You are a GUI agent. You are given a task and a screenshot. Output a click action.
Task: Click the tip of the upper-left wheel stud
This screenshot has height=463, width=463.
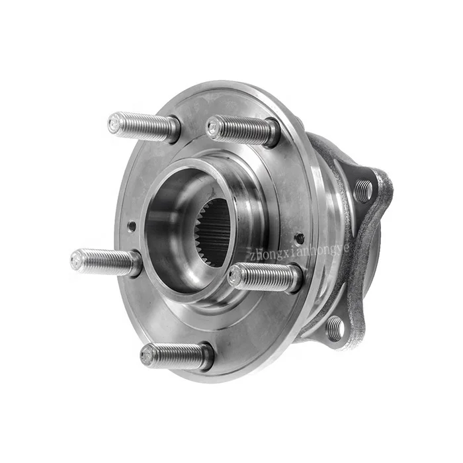(116, 123)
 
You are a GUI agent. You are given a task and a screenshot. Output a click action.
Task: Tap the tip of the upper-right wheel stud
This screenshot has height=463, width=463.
(214, 128)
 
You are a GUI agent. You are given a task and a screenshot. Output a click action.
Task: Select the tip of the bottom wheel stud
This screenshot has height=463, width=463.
(148, 355)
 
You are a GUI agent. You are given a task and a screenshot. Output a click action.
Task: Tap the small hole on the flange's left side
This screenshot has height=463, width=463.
(132, 226)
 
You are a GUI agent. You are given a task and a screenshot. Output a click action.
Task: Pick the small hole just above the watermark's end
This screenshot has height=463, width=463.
(299, 237)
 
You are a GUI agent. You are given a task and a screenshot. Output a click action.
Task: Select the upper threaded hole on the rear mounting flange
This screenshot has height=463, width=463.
(363, 191)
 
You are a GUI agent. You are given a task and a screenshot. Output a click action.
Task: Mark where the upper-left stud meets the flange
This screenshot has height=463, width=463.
(173, 129)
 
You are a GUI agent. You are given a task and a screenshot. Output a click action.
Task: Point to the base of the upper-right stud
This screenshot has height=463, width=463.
(272, 133)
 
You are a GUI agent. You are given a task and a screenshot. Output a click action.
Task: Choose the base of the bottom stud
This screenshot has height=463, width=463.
(206, 358)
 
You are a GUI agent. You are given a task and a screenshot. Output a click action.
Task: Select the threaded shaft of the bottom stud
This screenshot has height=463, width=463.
(176, 357)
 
